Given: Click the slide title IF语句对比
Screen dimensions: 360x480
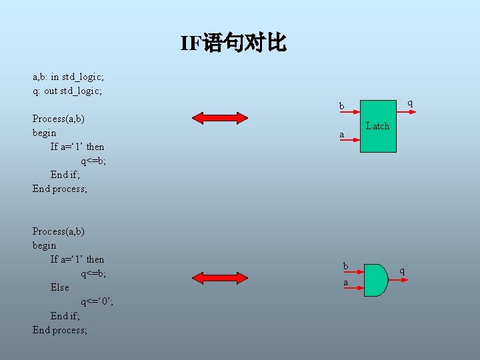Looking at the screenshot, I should (x=233, y=44).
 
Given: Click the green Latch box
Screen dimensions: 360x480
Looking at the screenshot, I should (x=378, y=127).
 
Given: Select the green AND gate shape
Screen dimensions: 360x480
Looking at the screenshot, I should (x=376, y=279).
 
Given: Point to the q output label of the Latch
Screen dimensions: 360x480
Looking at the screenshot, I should (x=410, y=103).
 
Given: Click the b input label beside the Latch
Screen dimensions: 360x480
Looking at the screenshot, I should (x=342, y=107).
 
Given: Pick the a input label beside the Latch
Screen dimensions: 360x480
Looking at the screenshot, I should (x=342, y=135).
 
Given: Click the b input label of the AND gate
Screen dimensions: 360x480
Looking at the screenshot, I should (x=345, y=266).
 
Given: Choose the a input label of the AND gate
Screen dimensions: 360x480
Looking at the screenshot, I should (x=345, y=283).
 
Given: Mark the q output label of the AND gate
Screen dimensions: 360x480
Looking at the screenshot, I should (x=402, y=270).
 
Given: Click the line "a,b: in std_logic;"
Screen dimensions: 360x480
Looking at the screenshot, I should (x=68, y=77).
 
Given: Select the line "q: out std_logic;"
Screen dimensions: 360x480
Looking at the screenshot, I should (x=67, y=91).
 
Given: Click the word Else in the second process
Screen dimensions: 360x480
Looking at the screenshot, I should (x=59, y=287).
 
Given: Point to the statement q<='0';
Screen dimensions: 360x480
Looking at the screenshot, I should (x=97, y=301).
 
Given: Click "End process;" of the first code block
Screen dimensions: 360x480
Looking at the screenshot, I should (x=60, y=189).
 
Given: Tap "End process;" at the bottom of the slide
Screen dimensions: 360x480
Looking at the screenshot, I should (x=60, y=330).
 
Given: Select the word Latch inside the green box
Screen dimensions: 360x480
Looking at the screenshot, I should (x=377, y=126).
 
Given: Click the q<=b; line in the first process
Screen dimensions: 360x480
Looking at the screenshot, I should (x=93, y=161).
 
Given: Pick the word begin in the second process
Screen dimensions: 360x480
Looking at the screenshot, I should (x=44, y=245).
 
